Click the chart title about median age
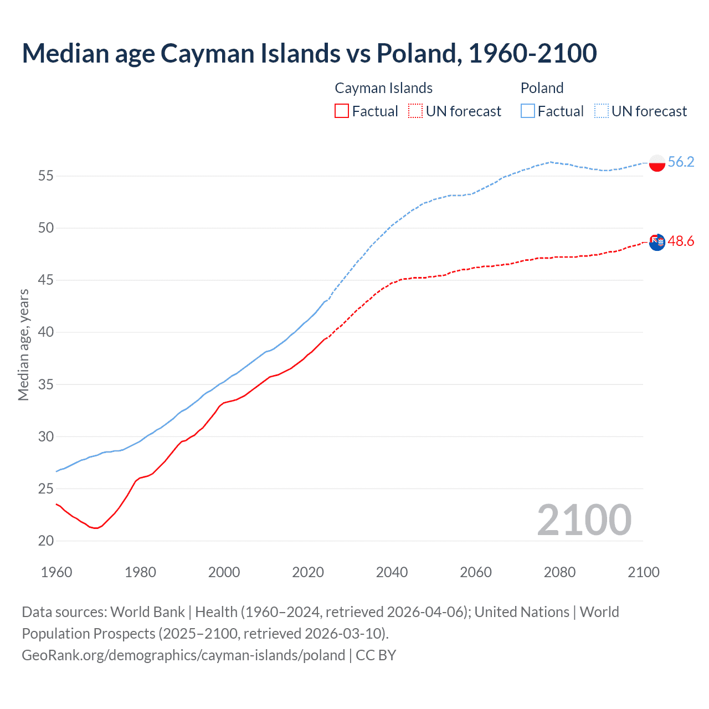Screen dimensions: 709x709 pos(309,53)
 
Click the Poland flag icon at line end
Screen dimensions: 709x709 pos(656,163)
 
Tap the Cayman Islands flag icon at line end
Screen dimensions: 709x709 pos(656,242)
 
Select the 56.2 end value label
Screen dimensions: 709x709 pos(681,162)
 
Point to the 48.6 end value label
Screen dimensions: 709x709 pos(681,241)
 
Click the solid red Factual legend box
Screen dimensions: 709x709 pos(342,111)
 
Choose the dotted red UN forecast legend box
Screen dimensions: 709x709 pos(415,111)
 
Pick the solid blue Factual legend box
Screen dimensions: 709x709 pos(528,111)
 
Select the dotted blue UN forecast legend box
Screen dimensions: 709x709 pos(602,111)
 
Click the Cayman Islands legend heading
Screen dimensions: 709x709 pos(383,88)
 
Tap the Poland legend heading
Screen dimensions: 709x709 pos(542,88)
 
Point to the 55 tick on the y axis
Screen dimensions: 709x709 pos(46,176)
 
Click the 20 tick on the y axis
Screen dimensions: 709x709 pos(46,541)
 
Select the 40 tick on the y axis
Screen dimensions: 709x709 pos(46,332)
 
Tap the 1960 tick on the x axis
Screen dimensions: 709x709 pos(56,572)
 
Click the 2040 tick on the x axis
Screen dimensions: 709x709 pos(392,572)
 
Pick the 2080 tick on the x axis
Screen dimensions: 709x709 pos(559,572)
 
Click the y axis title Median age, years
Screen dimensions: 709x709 pos(23,345)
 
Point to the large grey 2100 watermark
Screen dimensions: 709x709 pos(584,520)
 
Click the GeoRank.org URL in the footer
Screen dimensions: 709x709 pos(183,655)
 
